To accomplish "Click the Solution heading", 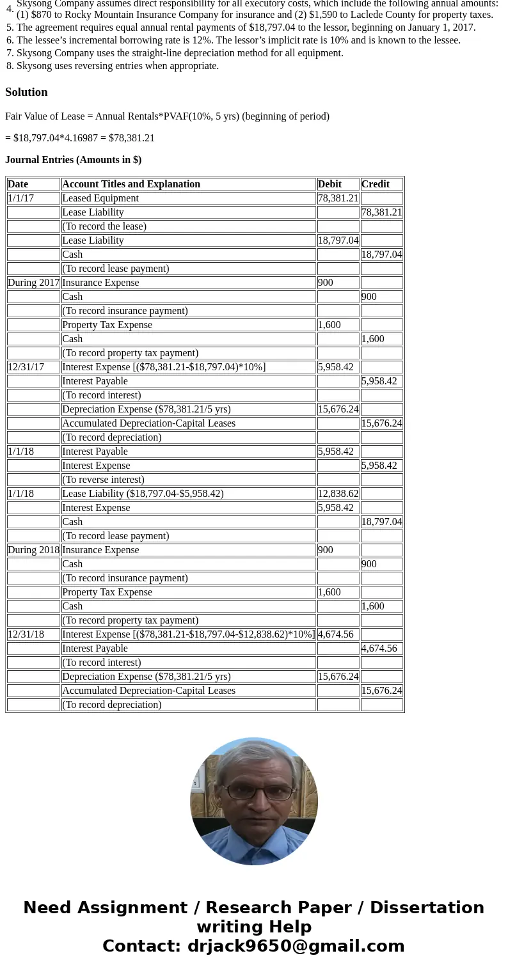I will coord(26,92).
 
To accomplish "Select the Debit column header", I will coord(329,184).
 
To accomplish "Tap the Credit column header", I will coord(375,184).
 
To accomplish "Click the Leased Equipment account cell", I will coord(100,198).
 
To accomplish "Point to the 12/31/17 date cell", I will coord(26,367).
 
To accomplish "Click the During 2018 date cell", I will coord(33,550).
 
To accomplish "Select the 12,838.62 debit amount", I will coord(338,494).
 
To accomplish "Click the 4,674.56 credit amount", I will coord(379,648).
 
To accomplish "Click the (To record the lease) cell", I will coord(104,226).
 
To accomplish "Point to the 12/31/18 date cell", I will coord(26,634).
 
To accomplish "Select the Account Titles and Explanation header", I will coord(131,184).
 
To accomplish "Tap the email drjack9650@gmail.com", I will coord(296,947).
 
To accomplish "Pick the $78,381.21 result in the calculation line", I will coord(132,138).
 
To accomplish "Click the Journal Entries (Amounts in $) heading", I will coord(73,160).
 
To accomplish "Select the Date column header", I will coord(18,184).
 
